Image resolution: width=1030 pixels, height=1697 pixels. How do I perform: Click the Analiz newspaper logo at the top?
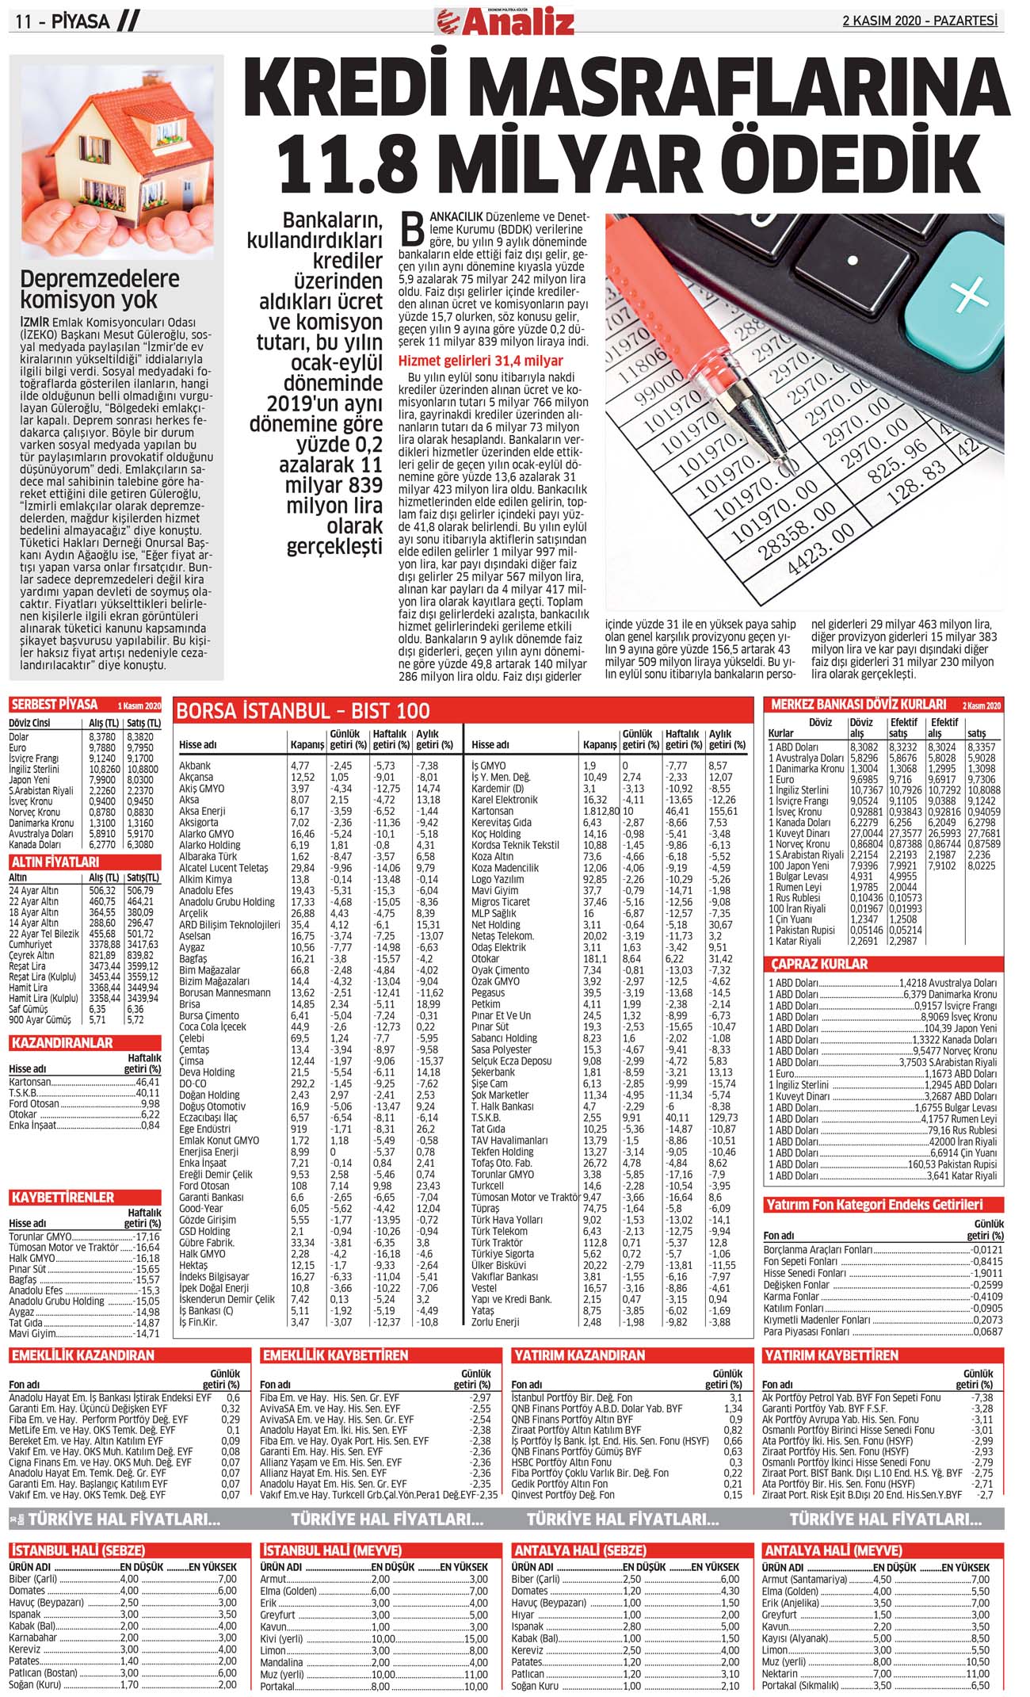[x=514, y=21]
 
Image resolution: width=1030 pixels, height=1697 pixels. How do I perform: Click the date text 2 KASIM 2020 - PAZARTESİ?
[x=919, y=21]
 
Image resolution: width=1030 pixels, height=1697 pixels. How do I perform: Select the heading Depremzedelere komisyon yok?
[x=100, y=289]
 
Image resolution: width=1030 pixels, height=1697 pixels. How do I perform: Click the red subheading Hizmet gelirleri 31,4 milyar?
[x=480, y=361]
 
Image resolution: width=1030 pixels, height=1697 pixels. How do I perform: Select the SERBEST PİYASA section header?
[x=55, y=705]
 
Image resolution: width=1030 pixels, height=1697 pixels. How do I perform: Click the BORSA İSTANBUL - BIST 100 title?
[x=303, y=710]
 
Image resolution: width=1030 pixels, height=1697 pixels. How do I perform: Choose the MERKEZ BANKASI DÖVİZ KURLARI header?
[x=858, y=704]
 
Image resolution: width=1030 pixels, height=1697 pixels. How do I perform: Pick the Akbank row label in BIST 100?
[x=195, y=766]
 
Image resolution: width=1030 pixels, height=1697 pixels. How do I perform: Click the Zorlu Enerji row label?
[x=497, y=1322]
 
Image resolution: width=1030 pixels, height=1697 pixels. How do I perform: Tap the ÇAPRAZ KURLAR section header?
[x=819, y=964]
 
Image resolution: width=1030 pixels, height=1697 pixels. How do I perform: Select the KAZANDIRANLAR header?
[x=62, y=1043]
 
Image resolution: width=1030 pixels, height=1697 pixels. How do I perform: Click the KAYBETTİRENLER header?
[x=63, y=1197]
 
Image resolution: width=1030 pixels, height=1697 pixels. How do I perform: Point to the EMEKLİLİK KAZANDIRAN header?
[x=82, y=1355]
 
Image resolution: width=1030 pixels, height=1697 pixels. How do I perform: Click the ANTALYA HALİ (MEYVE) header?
[x=832, y=1550]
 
